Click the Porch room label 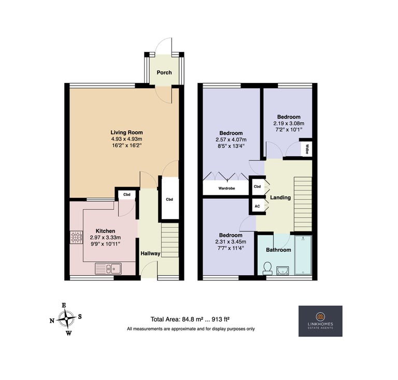164,73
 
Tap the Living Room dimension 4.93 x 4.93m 126,139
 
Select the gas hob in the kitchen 76,237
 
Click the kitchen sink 108,268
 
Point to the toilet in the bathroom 267,268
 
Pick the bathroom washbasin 282,270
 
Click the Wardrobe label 226,188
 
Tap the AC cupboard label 257,206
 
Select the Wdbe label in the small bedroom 307,150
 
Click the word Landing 280,197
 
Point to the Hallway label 150,253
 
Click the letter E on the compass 64,305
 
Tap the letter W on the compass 69,333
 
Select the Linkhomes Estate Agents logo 320,321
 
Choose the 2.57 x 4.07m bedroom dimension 231,140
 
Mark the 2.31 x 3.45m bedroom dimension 231,241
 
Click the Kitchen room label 105,231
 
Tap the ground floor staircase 170,240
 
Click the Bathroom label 278,250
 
